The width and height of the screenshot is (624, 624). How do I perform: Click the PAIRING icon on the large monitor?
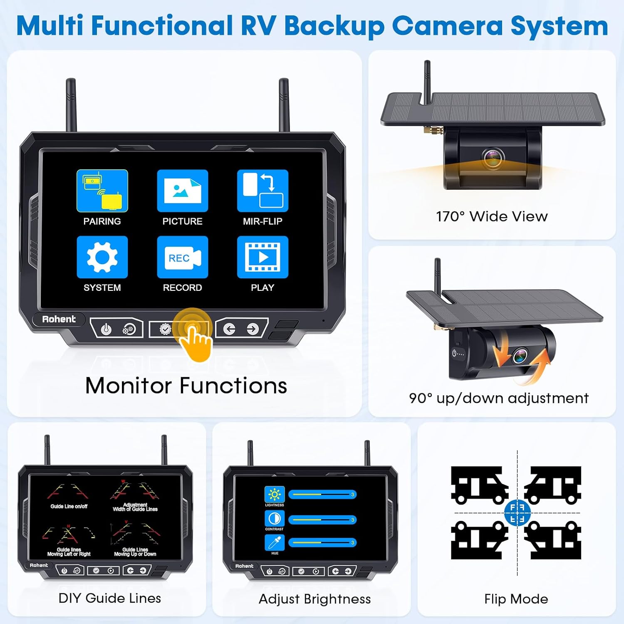[x=102, y=191]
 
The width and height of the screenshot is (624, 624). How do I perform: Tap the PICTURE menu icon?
[x=182, y=191]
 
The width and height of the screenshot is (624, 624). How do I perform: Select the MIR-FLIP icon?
[x=262, y=191]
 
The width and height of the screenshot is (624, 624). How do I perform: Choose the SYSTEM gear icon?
[x=102, y=257]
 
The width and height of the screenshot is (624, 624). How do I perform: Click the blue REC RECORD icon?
[x=182, y=257]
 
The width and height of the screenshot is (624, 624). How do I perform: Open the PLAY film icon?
[x=262, y=257]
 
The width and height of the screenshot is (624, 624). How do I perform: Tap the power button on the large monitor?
[x=106, y=329]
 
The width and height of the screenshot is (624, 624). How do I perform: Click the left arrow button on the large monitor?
[x=229, y=329]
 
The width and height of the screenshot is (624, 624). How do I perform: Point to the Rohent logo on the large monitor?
[x=59, y=319]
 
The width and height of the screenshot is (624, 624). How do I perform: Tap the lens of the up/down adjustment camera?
[x=520, y=356]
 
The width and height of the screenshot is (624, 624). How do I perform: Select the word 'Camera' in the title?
[x=447, y=26]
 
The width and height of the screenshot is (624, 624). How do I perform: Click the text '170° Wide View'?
[x=492, y=216]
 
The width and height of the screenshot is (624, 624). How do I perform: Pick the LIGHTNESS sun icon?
[x=275, y=495]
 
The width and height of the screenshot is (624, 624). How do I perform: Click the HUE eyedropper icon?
[x=275, y=542]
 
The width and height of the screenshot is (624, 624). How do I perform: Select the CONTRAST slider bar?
[x=322, y=520]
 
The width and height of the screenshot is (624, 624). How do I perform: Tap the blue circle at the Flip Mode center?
[x=517, y=513]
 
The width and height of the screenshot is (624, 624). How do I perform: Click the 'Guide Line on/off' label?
[x=69, y=506]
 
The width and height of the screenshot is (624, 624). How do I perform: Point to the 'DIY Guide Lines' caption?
[x=110, y=598]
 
